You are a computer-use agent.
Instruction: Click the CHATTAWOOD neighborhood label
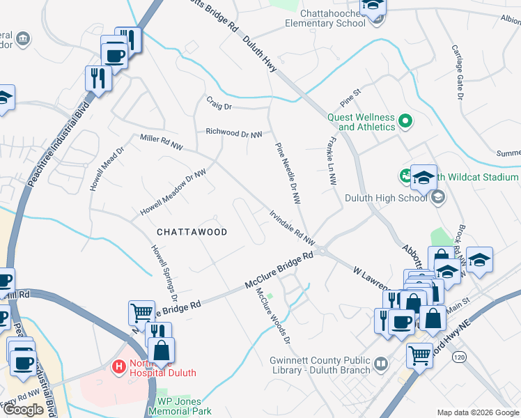pos(192,232)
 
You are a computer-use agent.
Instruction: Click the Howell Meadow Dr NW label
pos(173,192)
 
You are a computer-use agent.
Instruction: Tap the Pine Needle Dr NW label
pos(288,173)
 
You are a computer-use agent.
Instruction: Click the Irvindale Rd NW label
pos(293,229)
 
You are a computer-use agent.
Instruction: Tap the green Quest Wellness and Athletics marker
pos(405,123)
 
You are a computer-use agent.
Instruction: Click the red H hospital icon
pos(119,366)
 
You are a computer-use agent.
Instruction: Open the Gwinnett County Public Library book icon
pos(381,364)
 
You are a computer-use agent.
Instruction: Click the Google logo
pos(24,410)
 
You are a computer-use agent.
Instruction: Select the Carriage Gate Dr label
pos(457,72)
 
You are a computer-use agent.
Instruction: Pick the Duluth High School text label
pos(385,198)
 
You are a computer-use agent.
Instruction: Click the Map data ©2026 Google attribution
pos(478,413)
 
